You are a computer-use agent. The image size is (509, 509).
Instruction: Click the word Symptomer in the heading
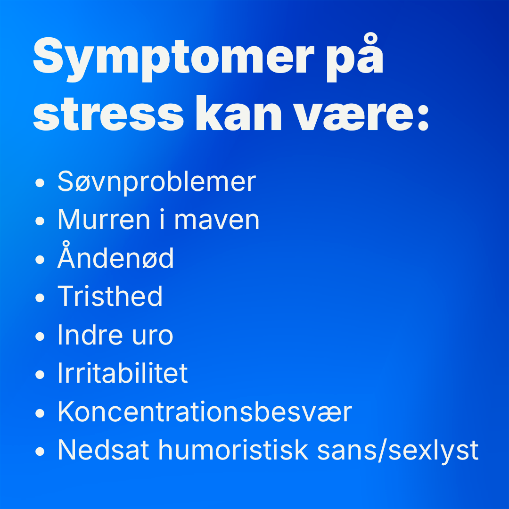click(173, 59)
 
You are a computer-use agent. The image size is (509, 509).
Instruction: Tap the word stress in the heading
click(108, 114)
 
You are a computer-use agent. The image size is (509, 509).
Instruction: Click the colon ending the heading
click(423, 117)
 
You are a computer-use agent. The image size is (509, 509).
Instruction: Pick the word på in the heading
click(355, 57)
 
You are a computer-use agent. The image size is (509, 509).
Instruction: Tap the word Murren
click(104, 220)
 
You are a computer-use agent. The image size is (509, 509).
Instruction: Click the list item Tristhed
click(110, 296)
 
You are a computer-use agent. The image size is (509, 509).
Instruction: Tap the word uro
click(152, 337)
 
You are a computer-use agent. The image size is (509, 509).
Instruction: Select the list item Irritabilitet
click(123, 373)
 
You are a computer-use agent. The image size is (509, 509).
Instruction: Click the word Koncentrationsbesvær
click(205, 411)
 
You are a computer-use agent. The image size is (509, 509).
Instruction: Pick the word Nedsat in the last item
click(103, 450)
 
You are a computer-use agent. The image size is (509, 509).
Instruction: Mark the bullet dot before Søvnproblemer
click(40, 182)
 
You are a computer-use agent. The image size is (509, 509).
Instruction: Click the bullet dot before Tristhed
click(40, 298)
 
